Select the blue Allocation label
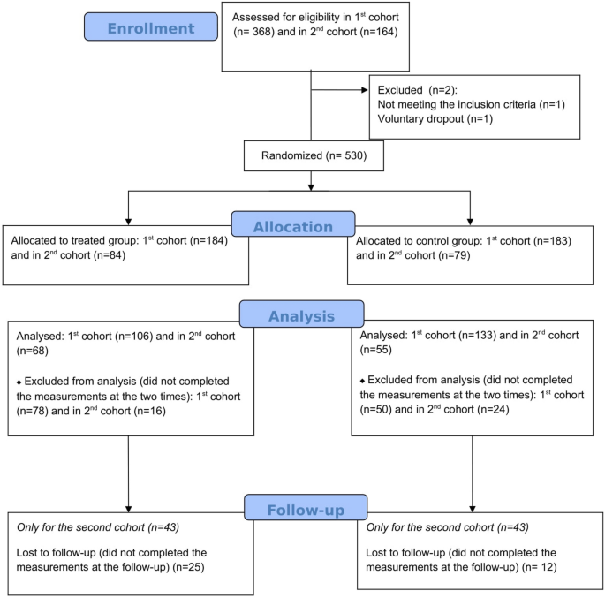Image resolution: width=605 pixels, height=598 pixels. coord(292,225)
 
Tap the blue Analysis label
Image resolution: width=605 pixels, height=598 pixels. coord(301,314)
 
